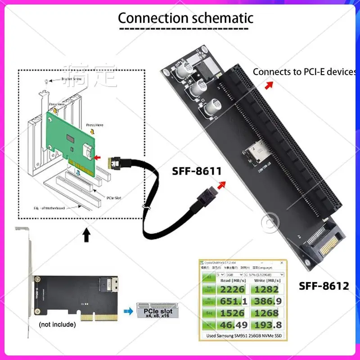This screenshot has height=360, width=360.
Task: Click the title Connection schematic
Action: pos(185,18)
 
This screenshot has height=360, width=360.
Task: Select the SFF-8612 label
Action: pos(324,285)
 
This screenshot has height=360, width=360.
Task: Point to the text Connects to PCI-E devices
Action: pos(304,72)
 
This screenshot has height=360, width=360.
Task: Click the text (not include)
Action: pos(57,324)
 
